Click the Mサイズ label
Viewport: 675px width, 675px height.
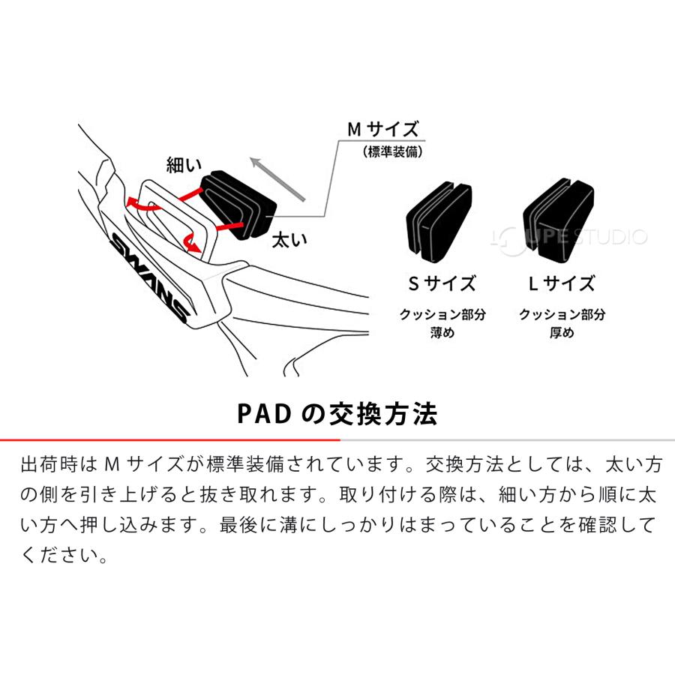382,129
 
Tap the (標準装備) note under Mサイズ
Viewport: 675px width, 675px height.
392,151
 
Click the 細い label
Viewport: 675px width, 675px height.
184,165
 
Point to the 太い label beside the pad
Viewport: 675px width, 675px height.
289,240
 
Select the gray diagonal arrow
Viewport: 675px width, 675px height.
277,179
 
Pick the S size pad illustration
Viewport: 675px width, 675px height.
439,222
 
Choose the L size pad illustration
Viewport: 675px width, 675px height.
558,220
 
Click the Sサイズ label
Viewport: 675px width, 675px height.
442,283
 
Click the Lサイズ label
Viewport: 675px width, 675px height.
561,283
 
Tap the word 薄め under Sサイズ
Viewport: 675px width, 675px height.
442,332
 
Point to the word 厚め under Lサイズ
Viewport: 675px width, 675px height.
562,332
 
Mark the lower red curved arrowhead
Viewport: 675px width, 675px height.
194,247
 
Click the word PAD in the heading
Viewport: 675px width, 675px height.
264,414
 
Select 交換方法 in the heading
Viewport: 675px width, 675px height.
383,414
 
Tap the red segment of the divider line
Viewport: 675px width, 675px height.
170,440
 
